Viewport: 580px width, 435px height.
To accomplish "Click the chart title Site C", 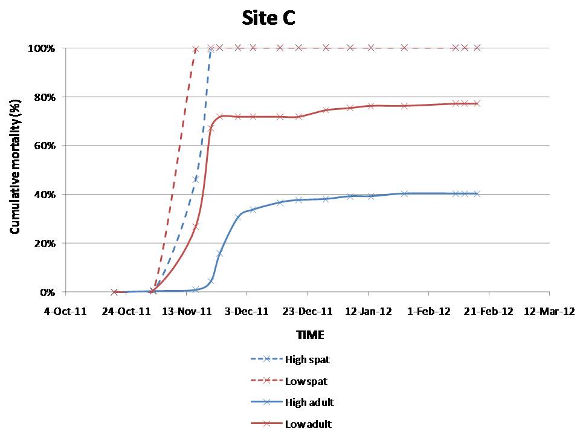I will (268, 19).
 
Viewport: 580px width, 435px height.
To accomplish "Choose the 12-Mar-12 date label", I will (549, 312).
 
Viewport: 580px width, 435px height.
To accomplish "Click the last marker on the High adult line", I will (477, 194).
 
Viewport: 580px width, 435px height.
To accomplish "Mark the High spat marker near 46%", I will (196, 179).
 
